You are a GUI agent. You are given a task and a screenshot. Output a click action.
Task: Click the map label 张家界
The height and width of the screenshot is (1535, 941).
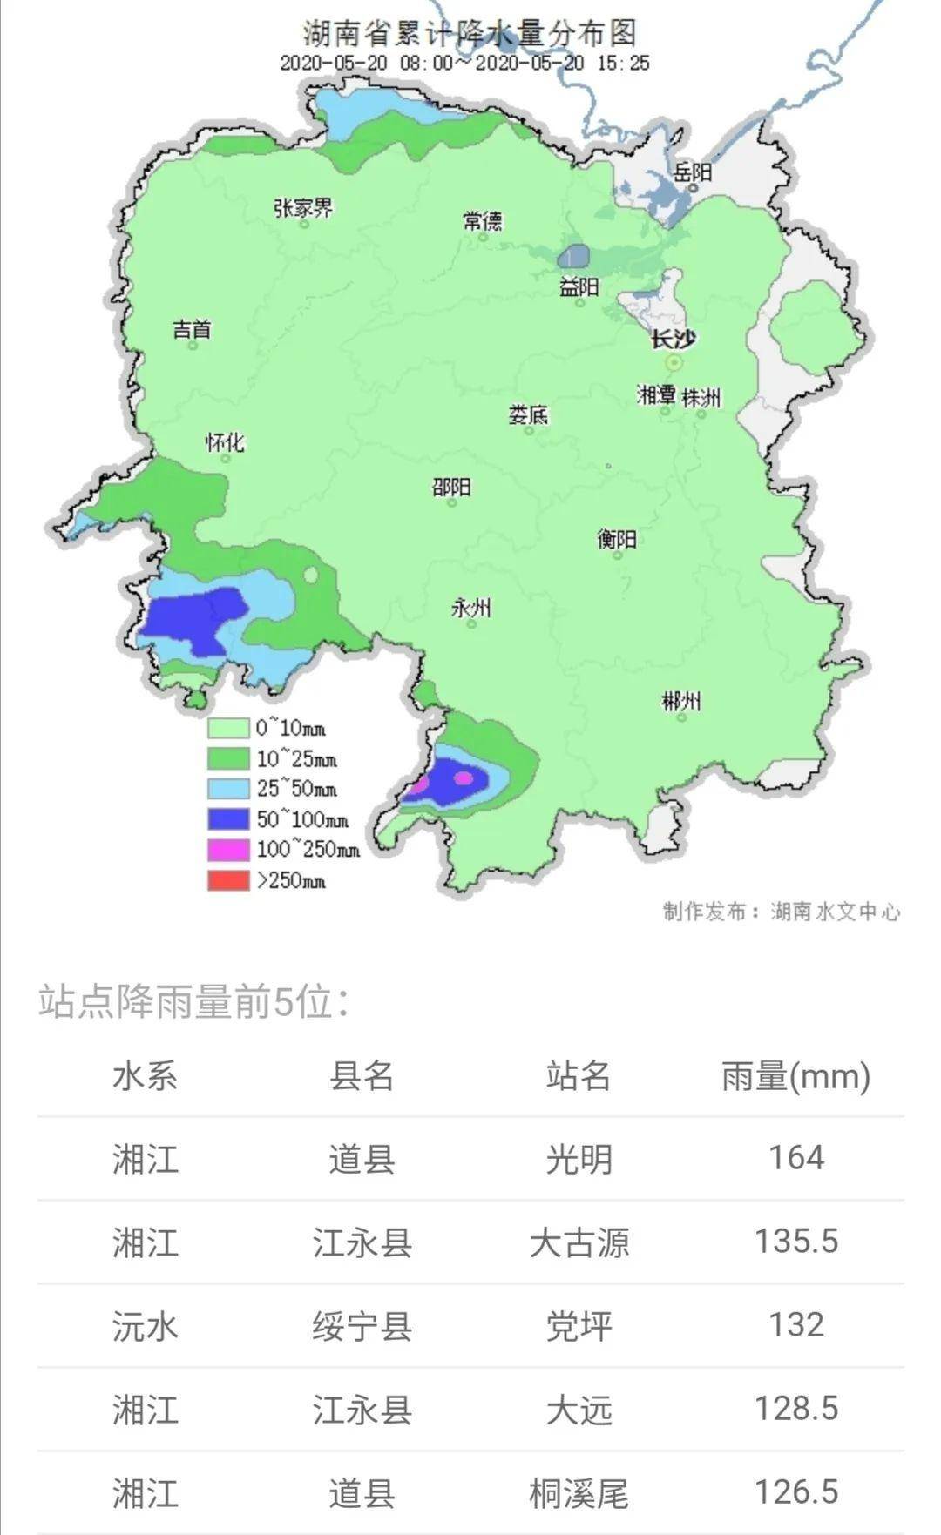point(302,208)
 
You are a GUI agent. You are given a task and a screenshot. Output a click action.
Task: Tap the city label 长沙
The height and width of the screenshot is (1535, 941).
point(674,340)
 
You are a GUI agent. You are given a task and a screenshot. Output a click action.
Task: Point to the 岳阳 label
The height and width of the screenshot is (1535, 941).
point(694,172)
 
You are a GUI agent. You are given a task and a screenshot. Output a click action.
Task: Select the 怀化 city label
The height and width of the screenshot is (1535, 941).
point(225,442)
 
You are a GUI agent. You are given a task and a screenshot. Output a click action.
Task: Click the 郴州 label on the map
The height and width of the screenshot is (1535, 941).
point(680,701)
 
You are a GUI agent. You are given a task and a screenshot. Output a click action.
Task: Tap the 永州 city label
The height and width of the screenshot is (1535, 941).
point(470,608)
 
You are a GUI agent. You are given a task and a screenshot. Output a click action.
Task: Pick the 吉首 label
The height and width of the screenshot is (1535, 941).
point(192,329)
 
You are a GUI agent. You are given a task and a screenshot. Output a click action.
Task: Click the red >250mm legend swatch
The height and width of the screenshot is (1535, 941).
point(228,880)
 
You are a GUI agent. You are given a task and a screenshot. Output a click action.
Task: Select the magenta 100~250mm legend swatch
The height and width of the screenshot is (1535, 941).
point(228,850)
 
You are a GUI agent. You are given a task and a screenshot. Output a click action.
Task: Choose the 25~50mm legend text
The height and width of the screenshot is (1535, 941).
point(296,789)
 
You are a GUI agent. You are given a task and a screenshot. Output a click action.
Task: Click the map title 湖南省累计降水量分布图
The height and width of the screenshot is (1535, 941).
point(470,33)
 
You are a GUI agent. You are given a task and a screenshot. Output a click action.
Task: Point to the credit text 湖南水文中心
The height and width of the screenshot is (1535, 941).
point(835,912)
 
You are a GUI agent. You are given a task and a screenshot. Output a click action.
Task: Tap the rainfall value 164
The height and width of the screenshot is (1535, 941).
point(795,1158)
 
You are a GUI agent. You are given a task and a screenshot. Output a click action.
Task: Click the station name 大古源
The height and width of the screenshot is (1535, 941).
point(579,1242)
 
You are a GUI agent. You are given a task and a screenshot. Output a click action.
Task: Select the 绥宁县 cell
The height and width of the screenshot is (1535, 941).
point(362,1326)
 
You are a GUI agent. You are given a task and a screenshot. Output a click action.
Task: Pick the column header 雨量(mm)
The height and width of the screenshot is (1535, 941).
point(795,1076)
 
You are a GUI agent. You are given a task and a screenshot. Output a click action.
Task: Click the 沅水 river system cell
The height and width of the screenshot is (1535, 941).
point(145,1326)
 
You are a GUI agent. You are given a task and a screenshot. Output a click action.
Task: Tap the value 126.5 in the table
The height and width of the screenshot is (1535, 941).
point(795,1491)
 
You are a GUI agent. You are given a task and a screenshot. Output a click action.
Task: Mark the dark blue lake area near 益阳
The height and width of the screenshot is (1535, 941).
point(572,257)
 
